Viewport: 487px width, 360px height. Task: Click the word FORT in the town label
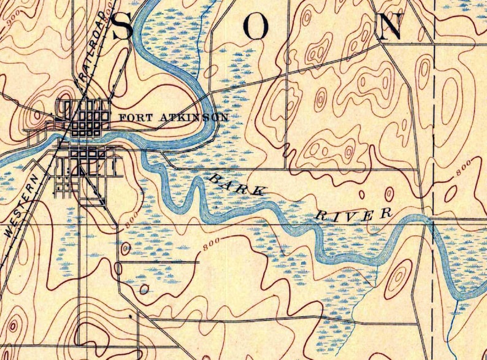131,117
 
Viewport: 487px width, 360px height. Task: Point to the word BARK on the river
236,184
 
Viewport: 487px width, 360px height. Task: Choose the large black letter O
258,26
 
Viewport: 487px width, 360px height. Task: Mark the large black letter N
391,26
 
